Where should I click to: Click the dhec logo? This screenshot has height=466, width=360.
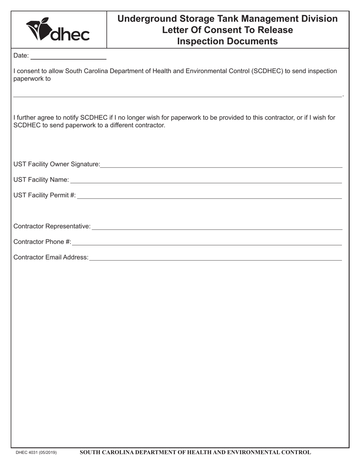(58, 30)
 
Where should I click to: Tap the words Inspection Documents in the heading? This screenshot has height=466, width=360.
(227, 41)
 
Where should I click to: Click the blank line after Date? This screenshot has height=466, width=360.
(68, 57)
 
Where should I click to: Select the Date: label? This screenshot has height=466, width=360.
(21, 56)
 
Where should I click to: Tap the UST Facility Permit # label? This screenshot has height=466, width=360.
(44, 195)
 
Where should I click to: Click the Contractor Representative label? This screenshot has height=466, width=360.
(52, 226)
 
